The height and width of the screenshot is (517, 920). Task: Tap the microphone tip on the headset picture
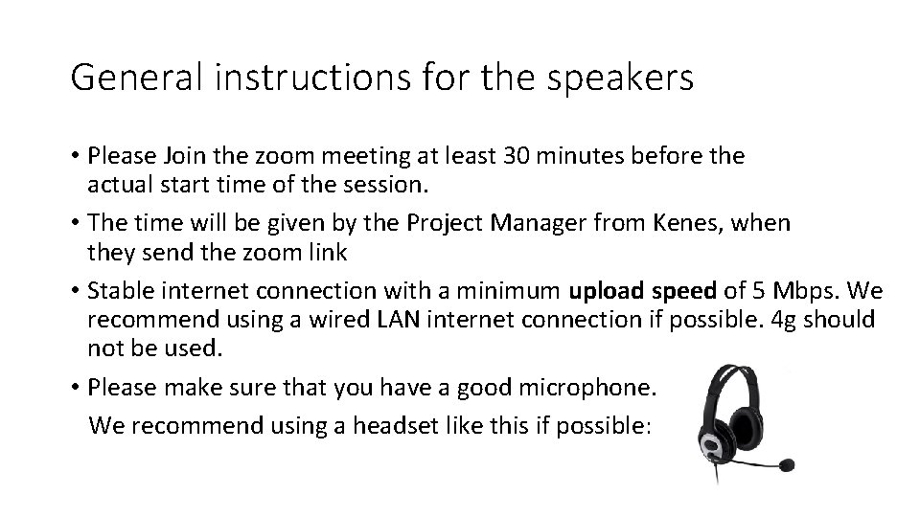tap(787, 465)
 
